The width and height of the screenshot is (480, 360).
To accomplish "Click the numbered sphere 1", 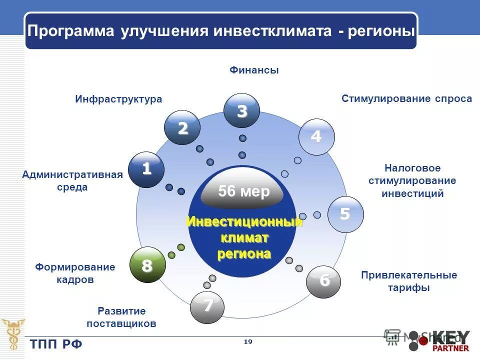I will coord(146,169).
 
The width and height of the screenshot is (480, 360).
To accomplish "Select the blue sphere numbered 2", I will coord(182,128).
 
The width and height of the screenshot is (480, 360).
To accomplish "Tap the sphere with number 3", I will coord(241,111).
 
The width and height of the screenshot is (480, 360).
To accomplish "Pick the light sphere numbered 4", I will coord(316,136).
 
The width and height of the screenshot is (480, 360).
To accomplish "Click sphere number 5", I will coord(345,214).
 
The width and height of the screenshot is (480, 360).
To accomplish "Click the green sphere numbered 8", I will coord(147,265).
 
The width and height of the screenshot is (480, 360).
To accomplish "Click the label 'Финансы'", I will coord(254,70).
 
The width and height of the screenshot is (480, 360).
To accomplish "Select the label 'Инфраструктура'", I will coord(118,99).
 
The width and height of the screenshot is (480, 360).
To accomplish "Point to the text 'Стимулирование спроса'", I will coord(406,98).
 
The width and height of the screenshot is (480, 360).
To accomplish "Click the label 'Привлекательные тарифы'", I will coord(408,281).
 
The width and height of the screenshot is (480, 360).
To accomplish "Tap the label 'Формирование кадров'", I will coord(75,273).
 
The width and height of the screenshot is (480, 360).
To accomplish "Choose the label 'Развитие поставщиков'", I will coord(121,317).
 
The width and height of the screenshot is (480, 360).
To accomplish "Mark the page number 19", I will coord(247,341).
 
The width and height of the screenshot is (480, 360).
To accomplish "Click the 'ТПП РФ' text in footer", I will coord(56,344).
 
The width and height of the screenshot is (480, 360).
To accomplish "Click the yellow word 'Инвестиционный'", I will coord(244,222).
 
